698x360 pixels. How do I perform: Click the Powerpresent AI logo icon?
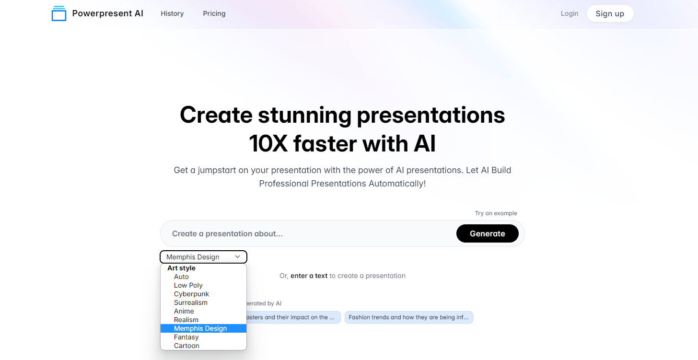pyautogui.click(x=59, y=13)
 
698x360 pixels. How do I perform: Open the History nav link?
pyautogui.click(x=172, y=13)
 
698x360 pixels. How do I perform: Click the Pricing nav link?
pyautogui.click(x=214, y=13)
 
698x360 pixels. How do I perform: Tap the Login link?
pyautogui.click(x=570, y=13)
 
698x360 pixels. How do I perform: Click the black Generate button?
pyautogui.click(x=488, y=233)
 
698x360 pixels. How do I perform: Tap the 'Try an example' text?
pyautogui.click(x=496, y=213)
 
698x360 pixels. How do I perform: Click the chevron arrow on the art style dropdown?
pyautogui.click(x=237, y=257)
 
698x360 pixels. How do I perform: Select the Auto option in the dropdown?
pyautogui.click(x=181, y=277)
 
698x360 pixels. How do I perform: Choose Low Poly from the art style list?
pyautogui.click(x=188, y=285)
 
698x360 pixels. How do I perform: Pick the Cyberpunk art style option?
pyautogui.click(x=191, y=294)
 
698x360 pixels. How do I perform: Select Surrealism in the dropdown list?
pyautogui.click(x=190, y=302)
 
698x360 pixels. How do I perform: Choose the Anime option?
pyautogui.click(x=184, y=311)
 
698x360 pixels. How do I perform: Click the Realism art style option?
pyautogui.click(x=186, y=320)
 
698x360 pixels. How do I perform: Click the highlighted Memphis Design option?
pyautogui.click(x=203, y=328)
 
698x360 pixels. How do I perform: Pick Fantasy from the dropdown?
pyautogui.click(x=186, y=337)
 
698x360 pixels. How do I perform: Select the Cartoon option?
pyautogui.click(x=186, y=346)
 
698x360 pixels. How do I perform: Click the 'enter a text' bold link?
pyautogui.click(x=309, y=276)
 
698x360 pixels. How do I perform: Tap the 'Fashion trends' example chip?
pyautogui.click(x=408, y=317)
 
